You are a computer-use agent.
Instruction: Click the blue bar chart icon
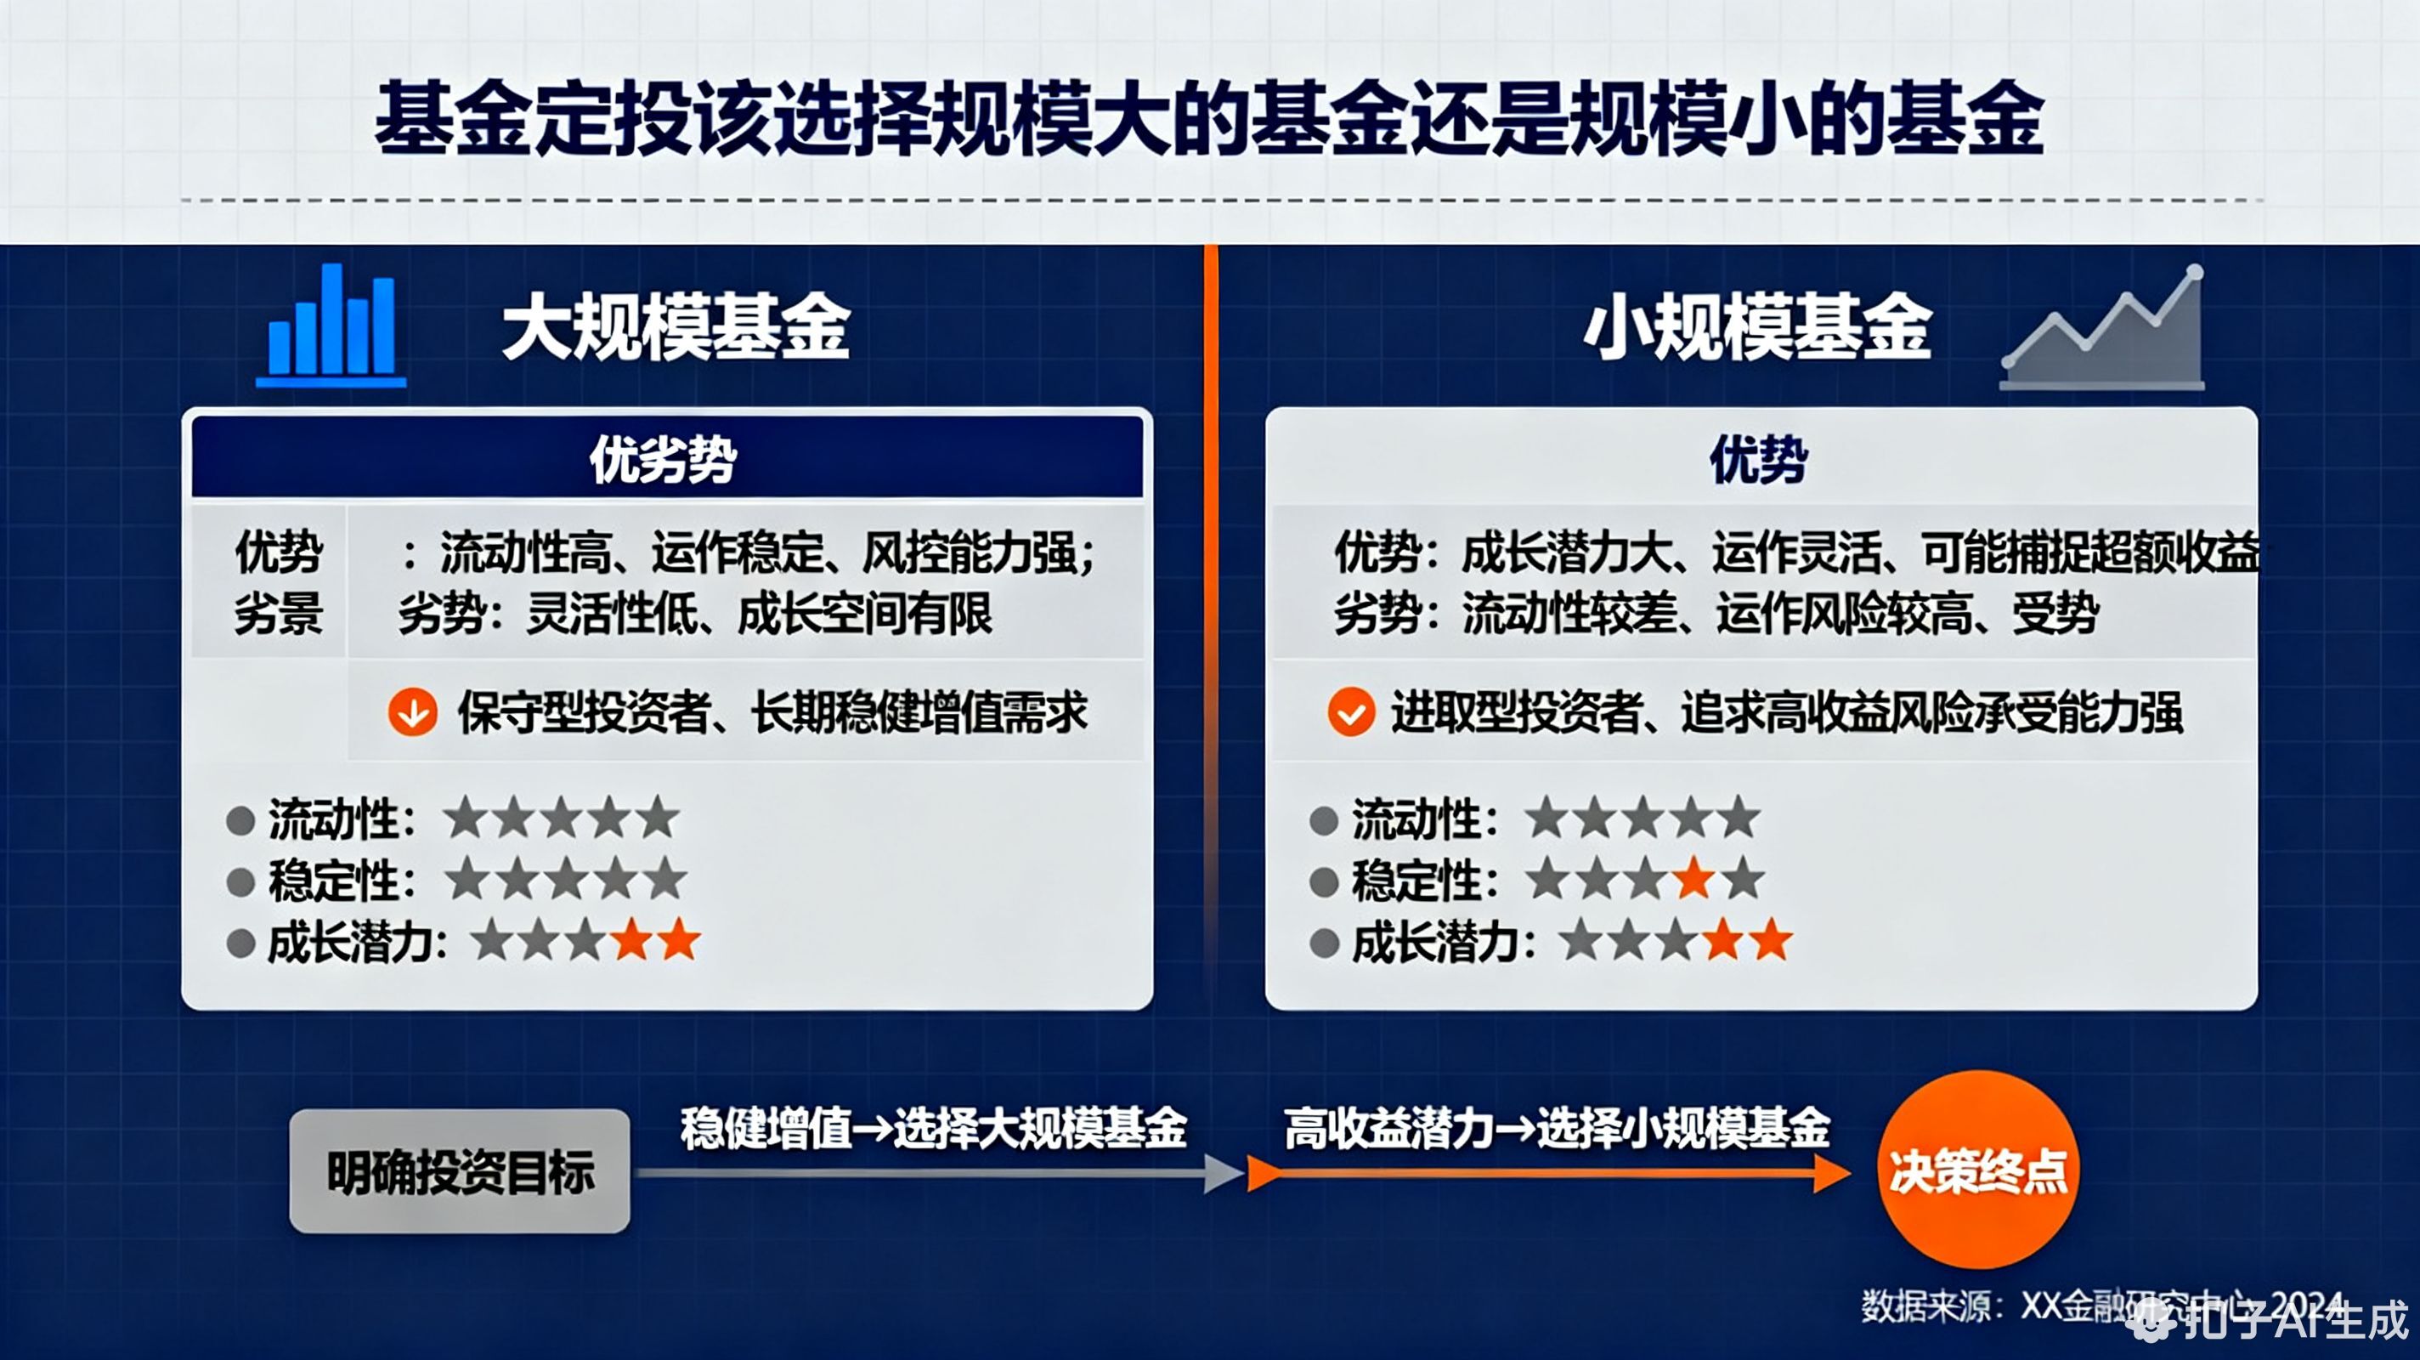[331, 326]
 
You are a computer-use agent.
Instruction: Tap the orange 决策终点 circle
[1977, 1170]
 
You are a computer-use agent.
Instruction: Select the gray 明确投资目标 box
[460, 1171]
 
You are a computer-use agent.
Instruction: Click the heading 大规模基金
[676, 326]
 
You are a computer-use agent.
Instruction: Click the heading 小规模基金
[1756, 326]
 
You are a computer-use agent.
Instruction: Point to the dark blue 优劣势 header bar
[667, 459]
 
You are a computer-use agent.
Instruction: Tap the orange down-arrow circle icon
[412, 711]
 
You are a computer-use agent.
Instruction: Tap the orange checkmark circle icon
[1351, 711]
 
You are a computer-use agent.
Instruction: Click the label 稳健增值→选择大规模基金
[934, 1128]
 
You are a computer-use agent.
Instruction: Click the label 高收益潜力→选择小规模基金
[1557, 1128]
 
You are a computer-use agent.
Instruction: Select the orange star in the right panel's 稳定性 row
[1693, 879]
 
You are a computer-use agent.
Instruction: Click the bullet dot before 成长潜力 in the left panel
[241, 943]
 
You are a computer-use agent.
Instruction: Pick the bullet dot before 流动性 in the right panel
[1324, 819]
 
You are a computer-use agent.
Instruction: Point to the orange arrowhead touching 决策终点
[1832, 1173]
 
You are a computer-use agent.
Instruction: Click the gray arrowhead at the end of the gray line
[1223, 1173]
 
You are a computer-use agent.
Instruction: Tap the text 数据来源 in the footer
[1925, 1306]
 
